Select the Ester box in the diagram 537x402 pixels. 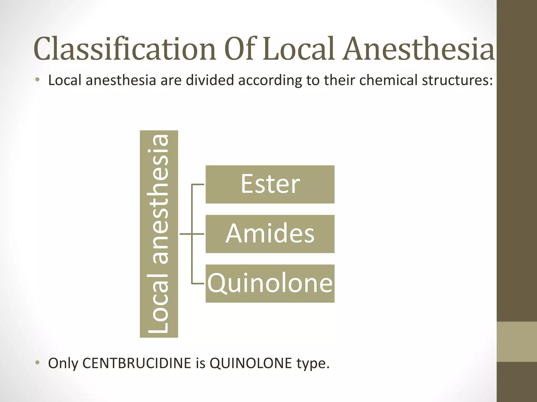(270, 184)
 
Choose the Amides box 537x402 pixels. (270, 234)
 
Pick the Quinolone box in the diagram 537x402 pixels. (270, 283)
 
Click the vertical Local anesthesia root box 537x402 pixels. (159, 234)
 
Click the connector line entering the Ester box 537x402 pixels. (198, 185)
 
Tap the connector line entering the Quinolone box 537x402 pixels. (198, 283)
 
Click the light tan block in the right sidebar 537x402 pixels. (517, 342)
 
